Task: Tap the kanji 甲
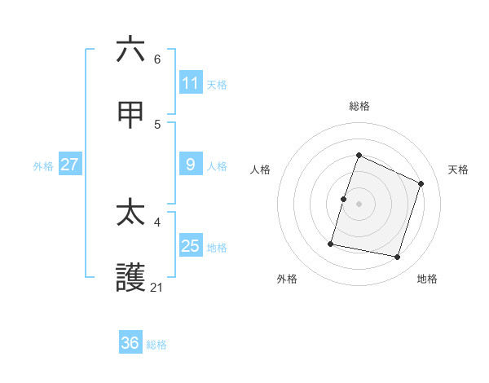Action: click(x=130, y=115)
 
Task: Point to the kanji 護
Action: click(x=130, y=279)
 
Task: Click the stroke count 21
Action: click(x=157, y=287)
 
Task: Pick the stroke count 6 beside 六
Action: click(x=157, y=59)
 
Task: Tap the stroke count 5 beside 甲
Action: click(x=157, y=124)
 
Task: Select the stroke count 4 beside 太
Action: click(x=157, y=222)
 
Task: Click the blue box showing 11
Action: click(x=191, y=83)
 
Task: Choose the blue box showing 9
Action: click(x=191, y=165)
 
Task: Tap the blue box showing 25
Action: click(x=191, y=246)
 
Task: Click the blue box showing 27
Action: click(x=69, y=165)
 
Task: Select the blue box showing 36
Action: click(x=130, y=343)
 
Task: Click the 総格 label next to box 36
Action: click(x=156, y=345)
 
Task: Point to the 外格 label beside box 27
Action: click(x=43, y=166)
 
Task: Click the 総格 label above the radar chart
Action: click(x=359, y=106)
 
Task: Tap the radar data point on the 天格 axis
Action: click(x=421, y=183)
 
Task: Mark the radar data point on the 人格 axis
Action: click(x=343, y=199)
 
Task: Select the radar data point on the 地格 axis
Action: click(x=397, y=257)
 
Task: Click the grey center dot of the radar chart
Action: click(x=359, y=204)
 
